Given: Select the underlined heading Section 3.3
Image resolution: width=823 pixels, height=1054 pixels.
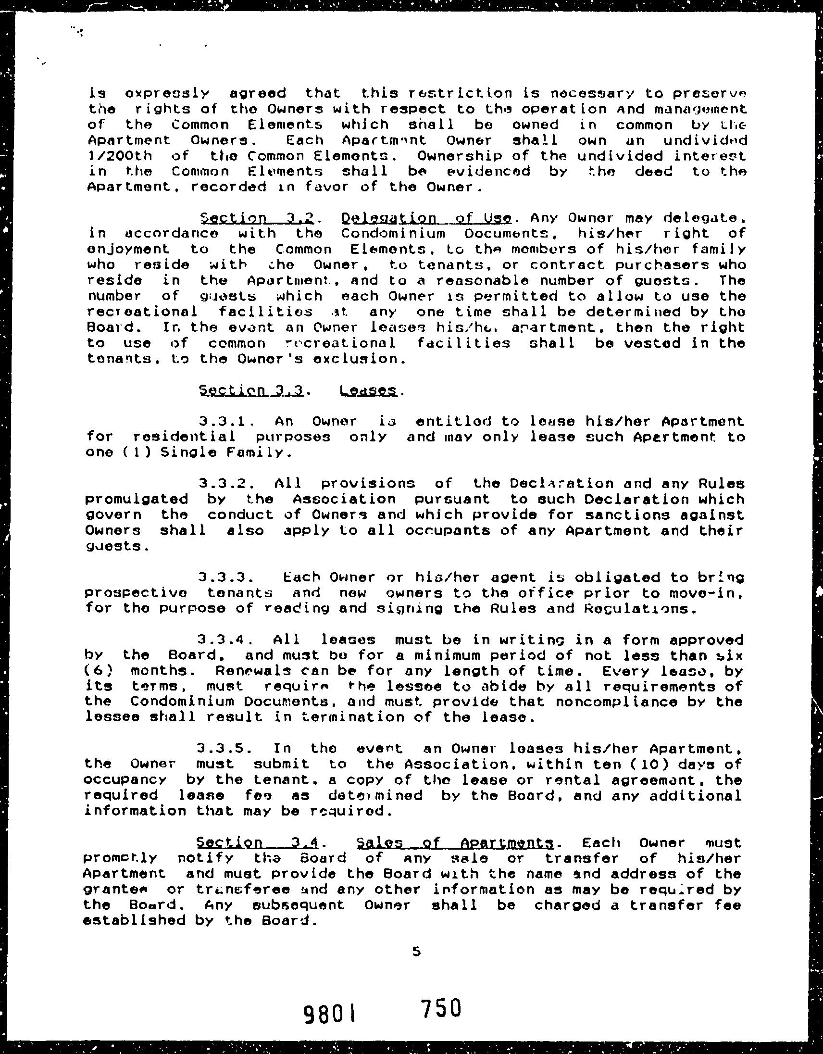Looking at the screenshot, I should tap(251, 390).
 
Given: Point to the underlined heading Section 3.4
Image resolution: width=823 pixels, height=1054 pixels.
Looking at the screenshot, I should tap(258, 843).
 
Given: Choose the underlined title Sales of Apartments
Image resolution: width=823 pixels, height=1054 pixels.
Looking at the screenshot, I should tap(454, 843).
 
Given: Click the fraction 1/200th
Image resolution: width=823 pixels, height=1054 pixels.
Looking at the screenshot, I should tap(120, 156).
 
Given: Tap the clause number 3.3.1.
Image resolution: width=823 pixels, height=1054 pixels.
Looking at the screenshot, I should tap(226, 421).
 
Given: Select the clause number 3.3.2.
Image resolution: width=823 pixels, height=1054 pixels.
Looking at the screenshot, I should tap(226, 484).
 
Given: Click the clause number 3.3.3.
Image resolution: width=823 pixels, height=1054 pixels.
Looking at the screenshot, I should tap(225, 577).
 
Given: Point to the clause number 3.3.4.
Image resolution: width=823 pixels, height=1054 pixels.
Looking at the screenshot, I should tap(225, 640).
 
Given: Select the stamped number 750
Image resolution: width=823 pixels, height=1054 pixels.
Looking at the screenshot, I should tap(441, 1008).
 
